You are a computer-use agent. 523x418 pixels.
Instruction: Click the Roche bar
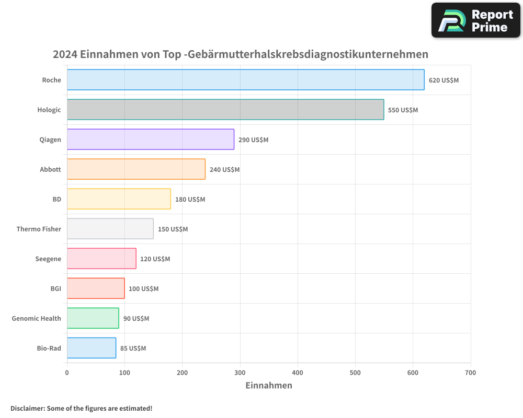[245, 80]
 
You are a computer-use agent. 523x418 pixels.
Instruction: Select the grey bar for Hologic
[225, 110]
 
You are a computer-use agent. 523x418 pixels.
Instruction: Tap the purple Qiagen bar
[151, 140]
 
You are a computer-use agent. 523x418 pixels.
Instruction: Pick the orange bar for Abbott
[136, 169]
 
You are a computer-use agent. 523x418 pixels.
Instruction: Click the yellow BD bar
[119, 199]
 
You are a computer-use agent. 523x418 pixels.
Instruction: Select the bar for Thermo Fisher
[110, 229]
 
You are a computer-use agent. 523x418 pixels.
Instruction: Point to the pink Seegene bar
[101, 259]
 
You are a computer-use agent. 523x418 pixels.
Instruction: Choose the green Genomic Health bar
[93, 318]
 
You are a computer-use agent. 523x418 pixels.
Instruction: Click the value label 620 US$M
[444, 80]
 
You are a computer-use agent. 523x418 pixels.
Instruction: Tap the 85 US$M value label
[133, 349]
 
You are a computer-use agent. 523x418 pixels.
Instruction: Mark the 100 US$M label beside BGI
[143, 289]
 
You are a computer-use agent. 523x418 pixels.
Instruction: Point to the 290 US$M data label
[253, 140]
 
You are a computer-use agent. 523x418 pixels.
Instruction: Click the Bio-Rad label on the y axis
[49, 348]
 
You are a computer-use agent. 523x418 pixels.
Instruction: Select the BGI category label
[55, 288]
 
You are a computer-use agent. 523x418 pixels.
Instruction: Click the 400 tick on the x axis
[298, 373]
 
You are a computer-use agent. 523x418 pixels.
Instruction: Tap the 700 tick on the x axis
[470, 373]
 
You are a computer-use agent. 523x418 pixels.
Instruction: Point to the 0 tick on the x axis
[67, 373]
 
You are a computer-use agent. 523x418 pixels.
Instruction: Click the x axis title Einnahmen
[268, 386]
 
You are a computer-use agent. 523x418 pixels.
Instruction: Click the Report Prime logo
[475, 20]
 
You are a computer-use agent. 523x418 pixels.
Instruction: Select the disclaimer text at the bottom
[81, 408]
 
